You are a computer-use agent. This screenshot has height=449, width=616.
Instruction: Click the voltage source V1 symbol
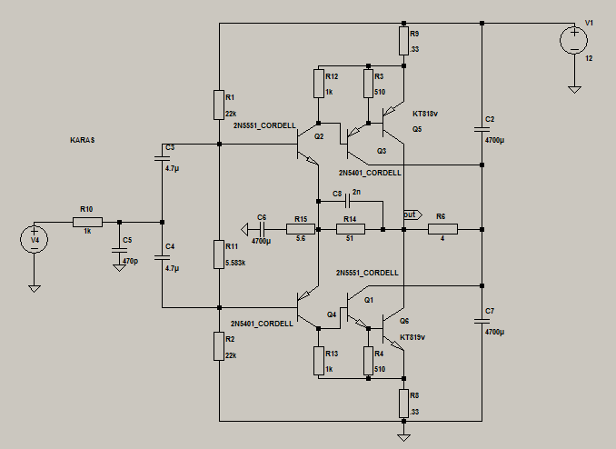coord(574,40)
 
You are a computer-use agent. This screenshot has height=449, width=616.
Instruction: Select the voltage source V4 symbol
coord(35,239)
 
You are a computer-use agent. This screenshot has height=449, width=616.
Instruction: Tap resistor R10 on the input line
coord(87,221)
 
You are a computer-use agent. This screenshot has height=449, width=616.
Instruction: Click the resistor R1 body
coord(219,104)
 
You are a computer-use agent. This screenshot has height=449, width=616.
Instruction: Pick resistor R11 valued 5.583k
coord(219,254)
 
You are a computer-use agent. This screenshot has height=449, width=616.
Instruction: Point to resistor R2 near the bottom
coord(219,346)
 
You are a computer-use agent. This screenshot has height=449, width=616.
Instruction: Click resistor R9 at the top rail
coord(403,39)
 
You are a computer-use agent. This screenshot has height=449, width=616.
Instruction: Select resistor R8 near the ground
coord(403,401)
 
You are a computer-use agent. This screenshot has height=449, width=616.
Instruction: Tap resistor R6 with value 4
coord(442,229)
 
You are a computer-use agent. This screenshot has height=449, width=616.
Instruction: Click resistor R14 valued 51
coord(351,229)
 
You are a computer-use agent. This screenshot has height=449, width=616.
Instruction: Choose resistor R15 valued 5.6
coord(301,229)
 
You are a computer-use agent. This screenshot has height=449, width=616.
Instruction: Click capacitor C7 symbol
coord(482,321)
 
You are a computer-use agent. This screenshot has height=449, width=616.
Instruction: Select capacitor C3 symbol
coord(162,157)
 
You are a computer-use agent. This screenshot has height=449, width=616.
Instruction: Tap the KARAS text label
coord(83,141)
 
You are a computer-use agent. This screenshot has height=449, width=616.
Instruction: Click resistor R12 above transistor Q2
coord(319,84)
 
